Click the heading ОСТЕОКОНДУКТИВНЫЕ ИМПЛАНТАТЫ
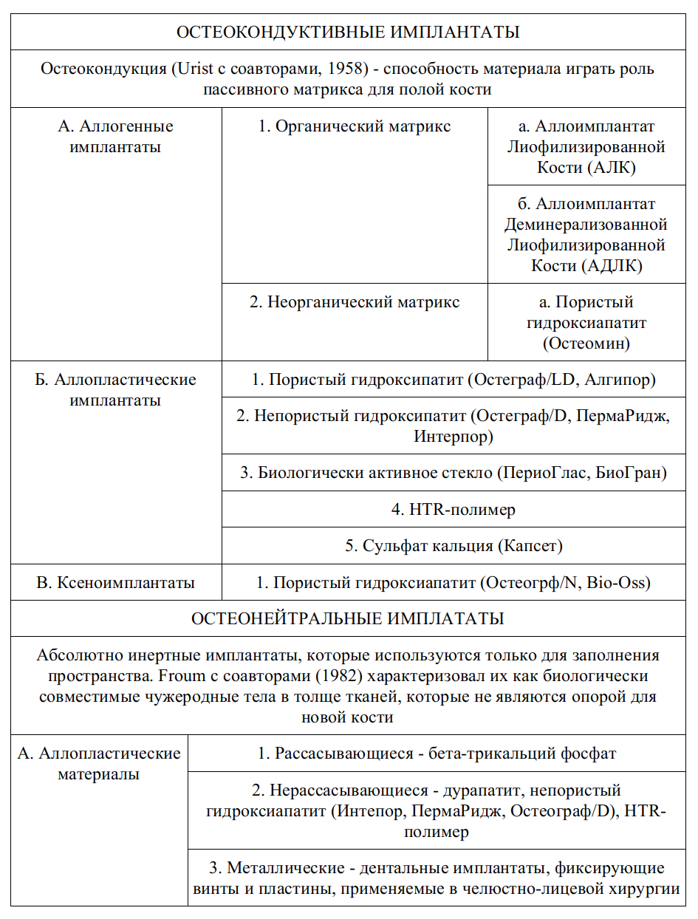tap(348, 33)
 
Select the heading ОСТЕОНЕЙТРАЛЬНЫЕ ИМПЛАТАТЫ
tap(348, 618)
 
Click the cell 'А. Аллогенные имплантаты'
tap(115, 137)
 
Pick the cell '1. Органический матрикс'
tap(354, 126)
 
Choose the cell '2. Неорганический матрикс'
tap(354, 302)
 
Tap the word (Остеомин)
tap(586, 344)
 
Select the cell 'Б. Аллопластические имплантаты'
tap(115, 390)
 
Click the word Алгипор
tap(626, 380)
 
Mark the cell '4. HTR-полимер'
tap(453, 510)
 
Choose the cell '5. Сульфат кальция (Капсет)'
tap(453, 546)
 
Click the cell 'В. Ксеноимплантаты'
tap(115, 583)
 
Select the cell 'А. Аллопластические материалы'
tap(99, 764)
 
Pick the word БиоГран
tap(633, 473)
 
